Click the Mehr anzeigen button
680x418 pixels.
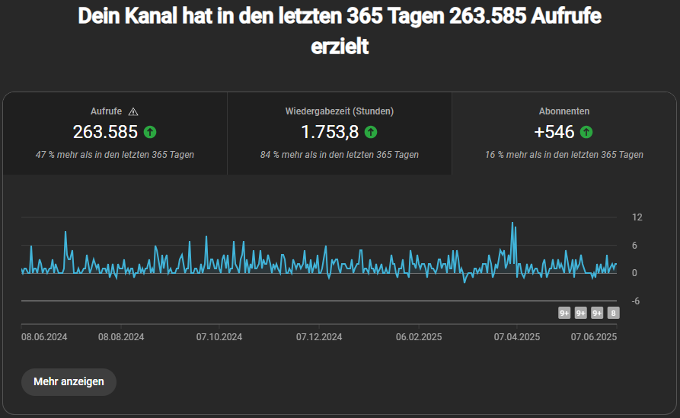(x=69, y=381)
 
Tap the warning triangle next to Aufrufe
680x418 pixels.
(x=134, y=111)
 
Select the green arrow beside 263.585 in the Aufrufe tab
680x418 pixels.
(x=150, y=132)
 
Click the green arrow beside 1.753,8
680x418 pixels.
(x=371, y=132)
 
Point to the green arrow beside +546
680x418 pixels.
(x=586, y=132)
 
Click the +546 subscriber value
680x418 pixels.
(x=554, y=132)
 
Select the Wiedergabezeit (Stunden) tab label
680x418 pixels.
(x=340, y=111)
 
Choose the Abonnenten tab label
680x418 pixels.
(x=564, y=111)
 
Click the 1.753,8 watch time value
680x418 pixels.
(x=330, y=132)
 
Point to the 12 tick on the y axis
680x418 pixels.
(x=637, y=217)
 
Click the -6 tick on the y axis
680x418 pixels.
(x=635, y=301)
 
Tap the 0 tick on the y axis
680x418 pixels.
(x=635, y=273)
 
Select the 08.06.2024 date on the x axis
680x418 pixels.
(x=44, y=336)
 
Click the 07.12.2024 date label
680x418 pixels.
(x=319, y=336)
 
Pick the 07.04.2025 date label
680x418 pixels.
(x=517, y=336)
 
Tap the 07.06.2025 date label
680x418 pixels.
(x=594, y=336)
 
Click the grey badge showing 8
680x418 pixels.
(x=614, y=313)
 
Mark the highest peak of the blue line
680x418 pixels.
(x=512, y=223)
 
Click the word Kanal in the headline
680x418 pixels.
(x=140, y=17)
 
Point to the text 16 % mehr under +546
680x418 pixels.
(x=503, y=155)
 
